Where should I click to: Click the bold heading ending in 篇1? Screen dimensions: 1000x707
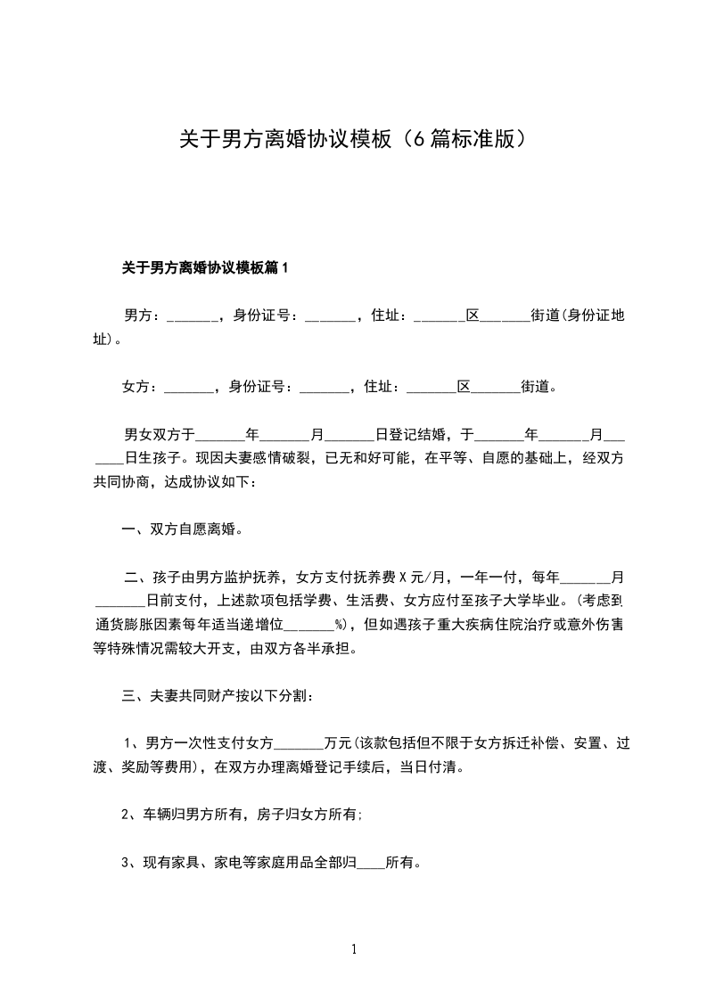(x=206, y=267)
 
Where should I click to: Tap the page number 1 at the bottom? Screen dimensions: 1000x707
(x=354, y=949)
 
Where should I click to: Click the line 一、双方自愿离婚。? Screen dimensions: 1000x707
(x=183, y=529)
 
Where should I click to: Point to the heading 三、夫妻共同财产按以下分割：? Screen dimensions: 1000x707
(x=217, y=694)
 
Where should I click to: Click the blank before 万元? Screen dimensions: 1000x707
(x=302, y=742)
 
